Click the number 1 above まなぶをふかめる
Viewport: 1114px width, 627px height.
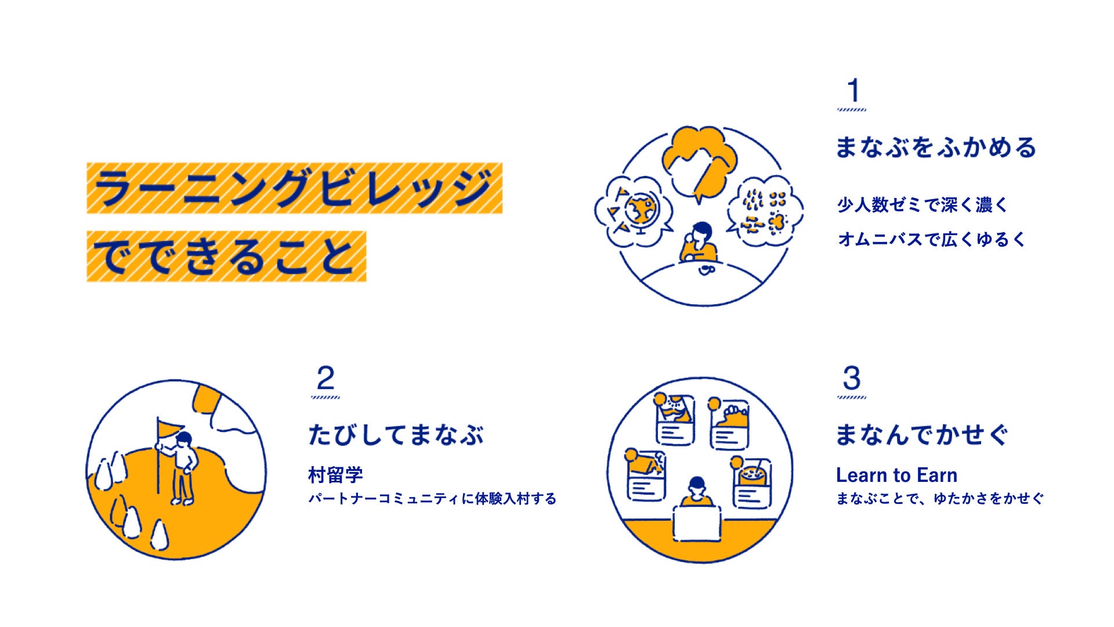(852, 91)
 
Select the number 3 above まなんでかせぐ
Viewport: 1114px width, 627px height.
(851, 379)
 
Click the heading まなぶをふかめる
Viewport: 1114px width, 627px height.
(935, 147)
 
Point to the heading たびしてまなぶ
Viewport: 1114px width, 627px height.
(396, 435)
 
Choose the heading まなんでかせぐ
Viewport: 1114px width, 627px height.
(921, 435)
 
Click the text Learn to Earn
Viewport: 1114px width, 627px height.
(896, 475)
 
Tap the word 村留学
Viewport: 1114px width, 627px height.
(335, 475)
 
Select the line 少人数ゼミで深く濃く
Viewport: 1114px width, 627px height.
(923, 205)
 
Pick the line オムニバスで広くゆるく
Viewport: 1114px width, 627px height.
(932, 239)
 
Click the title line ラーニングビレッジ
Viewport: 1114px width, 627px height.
(294, 188)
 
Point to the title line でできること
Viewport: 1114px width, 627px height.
(226, 257)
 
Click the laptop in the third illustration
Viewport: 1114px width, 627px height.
(697, 524)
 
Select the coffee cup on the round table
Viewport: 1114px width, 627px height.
(706, 269)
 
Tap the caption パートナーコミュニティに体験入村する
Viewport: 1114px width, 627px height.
(432, 499)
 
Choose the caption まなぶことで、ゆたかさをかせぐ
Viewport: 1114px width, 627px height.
(939, 499)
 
